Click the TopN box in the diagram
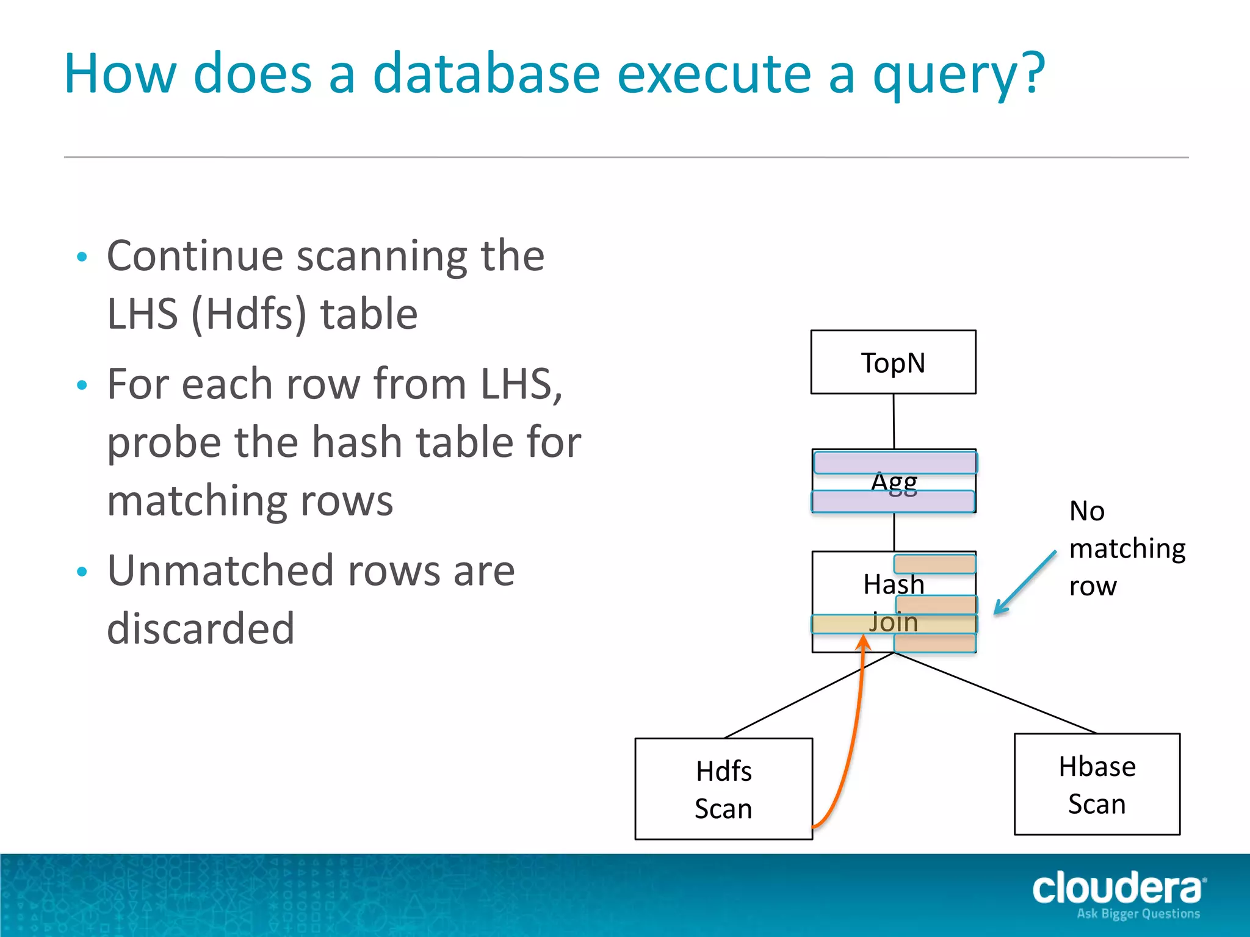point(893,362)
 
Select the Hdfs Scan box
point(723,789)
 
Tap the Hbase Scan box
point(1097,784)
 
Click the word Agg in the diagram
point(894,482)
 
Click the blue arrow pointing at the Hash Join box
point(1025,583)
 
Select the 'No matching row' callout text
point(1127,548)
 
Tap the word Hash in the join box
point(894,584)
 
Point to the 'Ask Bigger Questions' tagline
point(1138,914)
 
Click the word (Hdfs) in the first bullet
point(249,314)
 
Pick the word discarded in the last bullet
point(201,628)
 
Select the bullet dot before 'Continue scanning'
point(82,257)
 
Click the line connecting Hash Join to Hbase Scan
point(995,693)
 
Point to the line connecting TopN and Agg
point(894,421)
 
